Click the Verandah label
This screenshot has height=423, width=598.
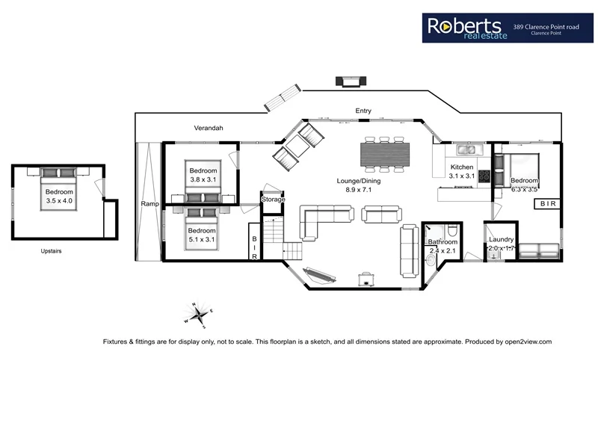(x=209, y=129)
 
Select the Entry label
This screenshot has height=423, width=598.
(x=363, y=111)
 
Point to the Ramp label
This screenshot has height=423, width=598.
(x=148, y=203)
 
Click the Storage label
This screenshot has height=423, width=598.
(x=273, y=200)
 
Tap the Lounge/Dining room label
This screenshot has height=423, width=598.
(x=359, y=181)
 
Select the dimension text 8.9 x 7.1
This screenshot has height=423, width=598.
(x=359, y=191)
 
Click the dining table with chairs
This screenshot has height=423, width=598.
(x=385, y=154)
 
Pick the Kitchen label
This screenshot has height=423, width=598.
(x=462, y=167)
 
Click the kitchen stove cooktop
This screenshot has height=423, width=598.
(x=484, y=176)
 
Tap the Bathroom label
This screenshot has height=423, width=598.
(x=442, y=242)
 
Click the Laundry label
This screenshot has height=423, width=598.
(x=500, y=240)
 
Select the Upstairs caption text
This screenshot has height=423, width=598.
(x=52, y=251)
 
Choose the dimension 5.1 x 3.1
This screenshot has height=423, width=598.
(x=202, y=241)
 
